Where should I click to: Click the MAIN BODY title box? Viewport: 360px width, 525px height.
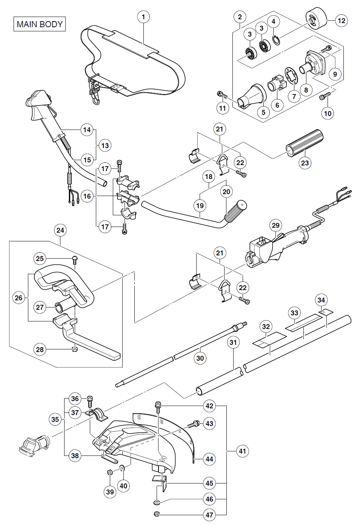[x=40, y=24]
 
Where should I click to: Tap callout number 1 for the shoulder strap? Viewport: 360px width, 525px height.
[x=143, y=17]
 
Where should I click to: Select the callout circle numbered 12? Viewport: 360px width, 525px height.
[x=341, y=21]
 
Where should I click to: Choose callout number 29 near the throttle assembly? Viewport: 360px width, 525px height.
[x=276, y=225]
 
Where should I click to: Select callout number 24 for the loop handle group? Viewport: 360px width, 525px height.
[x=60, y=230]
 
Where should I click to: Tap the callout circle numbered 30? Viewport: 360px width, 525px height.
[x=200, y=358]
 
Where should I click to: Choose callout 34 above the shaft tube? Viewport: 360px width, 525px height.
[x=321, y=300]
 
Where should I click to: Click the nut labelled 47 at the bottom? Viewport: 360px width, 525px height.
[x=157, y=514]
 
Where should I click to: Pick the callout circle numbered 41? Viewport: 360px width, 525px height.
[x=242, y=451]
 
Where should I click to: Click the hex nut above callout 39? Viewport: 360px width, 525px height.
[x=109, y=472]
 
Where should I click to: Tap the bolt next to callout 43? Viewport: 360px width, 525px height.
[x=194, y=424]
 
